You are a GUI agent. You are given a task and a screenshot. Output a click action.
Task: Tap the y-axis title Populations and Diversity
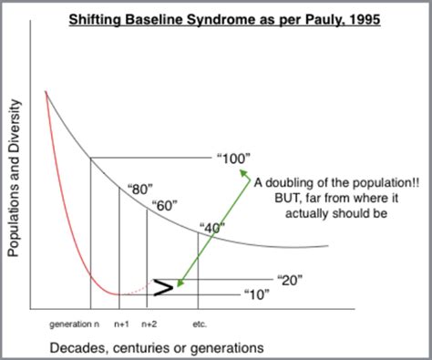coord(14,178)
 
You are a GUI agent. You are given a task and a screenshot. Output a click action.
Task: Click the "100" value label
coord(233,159)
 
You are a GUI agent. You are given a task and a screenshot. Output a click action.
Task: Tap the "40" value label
coord(211,229)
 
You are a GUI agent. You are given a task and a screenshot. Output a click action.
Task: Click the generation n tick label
coord(73,324)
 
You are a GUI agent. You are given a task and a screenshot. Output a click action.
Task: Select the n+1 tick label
coord(121,324)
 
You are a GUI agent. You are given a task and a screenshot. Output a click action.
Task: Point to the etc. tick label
coord(201,324)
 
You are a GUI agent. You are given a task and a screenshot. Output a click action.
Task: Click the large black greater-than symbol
coord(164,289)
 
